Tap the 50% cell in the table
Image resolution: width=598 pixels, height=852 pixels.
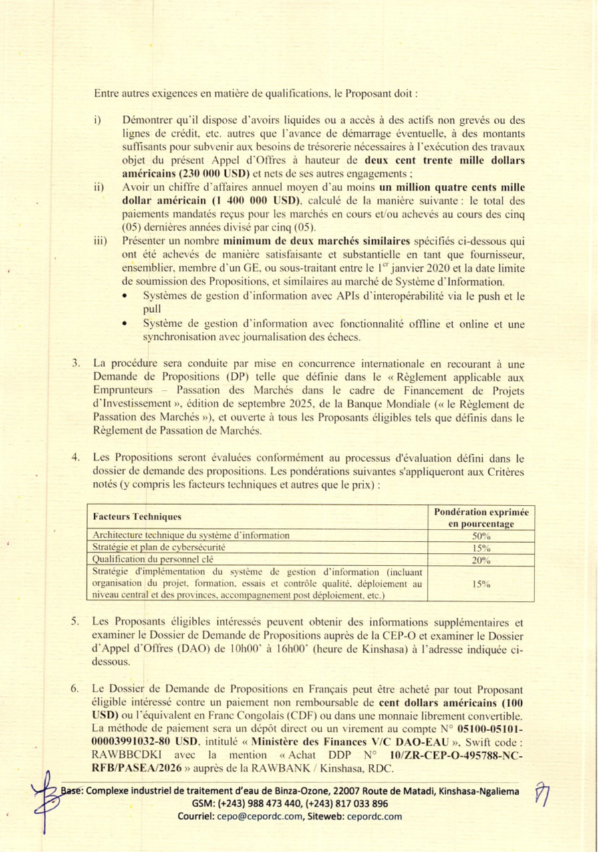click(481, 536)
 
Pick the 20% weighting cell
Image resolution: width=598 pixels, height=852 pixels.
click(481, 560)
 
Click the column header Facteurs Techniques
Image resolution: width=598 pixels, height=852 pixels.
click(136, 517)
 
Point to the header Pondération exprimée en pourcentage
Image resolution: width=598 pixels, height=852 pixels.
click(481, 517)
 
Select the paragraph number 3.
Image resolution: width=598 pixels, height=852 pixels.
click(77, 365)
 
